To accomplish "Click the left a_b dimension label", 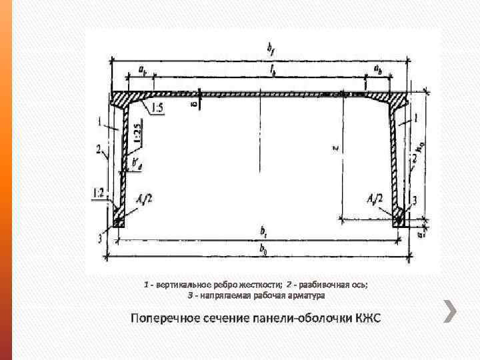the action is click(x=143, y=69).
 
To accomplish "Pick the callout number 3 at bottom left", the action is click(x=100, y=239).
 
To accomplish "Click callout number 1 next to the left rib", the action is click(x=100, y=121).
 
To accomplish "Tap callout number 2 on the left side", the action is click(x=98, y=148).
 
